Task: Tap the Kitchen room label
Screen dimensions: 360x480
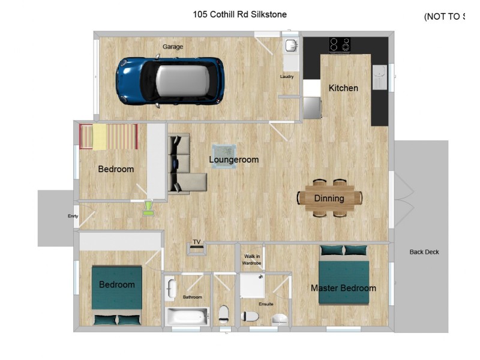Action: (x=343, y=88)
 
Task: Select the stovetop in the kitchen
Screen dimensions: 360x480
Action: (x=340, y=44)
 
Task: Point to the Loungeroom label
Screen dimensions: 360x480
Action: (x=233, y=160)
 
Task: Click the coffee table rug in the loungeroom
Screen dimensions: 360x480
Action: (x=224, y=156)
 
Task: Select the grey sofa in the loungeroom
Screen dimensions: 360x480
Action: (x=182, y=165)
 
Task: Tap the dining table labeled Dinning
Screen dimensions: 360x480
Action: (x=329, y=198)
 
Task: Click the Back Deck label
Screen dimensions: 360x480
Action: (x=424, y=252)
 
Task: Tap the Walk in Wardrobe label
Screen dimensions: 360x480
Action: (x=251, y=260)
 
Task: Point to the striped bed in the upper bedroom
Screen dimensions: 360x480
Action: (x=109, y=137)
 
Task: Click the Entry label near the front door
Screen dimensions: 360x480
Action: (x=73, y=216)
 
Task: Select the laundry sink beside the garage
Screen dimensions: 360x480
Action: (x=290, y=46)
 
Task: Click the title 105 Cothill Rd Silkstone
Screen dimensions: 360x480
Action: (x=239, y=14)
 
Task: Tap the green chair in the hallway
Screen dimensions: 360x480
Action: (x=148, y=208)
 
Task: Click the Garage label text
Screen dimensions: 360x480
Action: (x=173, y=47)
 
